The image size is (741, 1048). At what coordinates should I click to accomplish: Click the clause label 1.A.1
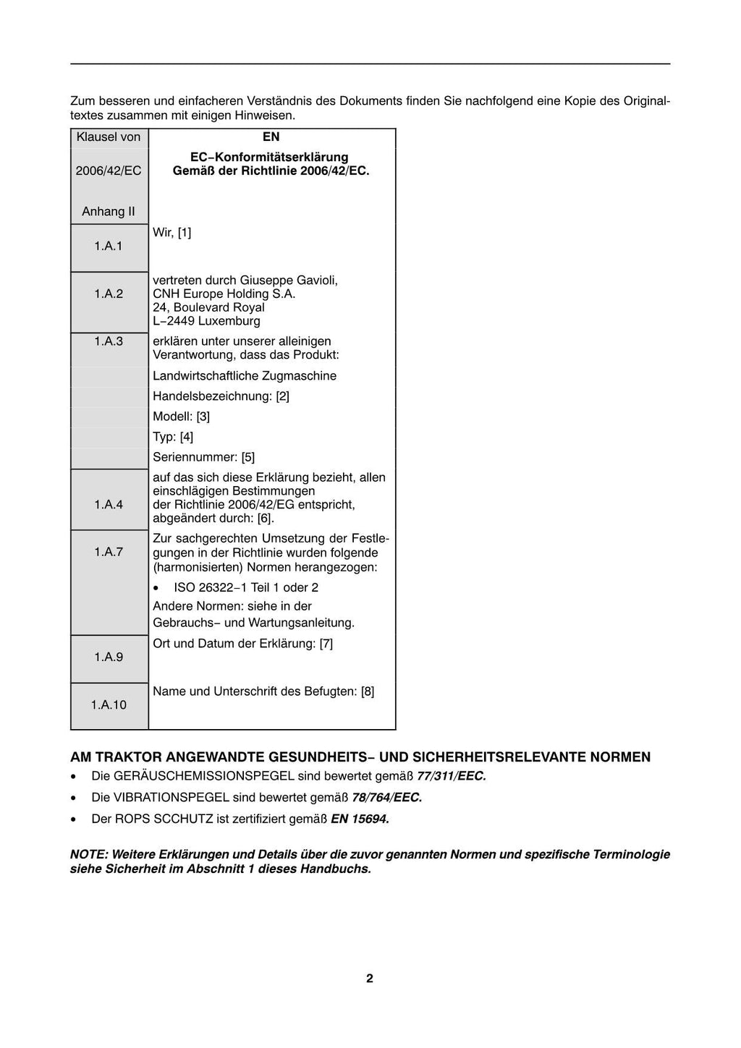pos(109,247)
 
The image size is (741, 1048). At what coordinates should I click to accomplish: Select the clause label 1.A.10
pos(109,704)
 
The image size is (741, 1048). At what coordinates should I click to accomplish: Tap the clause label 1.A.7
pos(109,552)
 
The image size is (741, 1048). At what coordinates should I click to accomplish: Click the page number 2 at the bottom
pos(370,979)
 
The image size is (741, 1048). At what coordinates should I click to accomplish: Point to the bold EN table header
pos(271,137)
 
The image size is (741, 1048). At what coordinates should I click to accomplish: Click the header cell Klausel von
pos(109,137)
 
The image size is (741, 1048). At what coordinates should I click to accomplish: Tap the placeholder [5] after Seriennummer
pos(248,457)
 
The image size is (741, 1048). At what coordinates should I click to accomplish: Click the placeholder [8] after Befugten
pos(368,691)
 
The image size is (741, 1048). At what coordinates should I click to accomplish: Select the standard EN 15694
pos(360,819)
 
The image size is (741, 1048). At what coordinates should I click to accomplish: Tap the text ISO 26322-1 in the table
pos(211,587)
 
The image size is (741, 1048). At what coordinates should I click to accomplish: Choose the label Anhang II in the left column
pos(109,212)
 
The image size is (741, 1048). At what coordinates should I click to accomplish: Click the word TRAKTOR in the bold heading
pos(131,757)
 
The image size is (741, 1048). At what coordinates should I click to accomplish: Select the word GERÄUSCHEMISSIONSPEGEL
pos(204,777)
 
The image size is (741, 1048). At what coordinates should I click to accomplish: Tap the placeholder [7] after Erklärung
pos(326,644)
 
